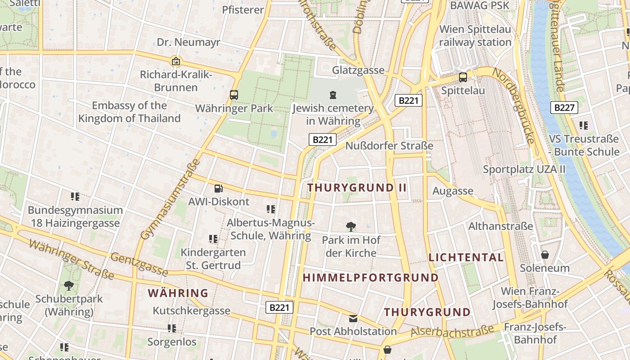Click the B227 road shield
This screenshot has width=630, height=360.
click(564, 108)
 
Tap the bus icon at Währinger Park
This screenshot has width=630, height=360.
click(234, 95)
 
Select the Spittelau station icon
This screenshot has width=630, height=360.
click(463, 77)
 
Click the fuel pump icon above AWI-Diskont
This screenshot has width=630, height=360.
click(218, 189)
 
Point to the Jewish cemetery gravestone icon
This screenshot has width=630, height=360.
click(333, 95)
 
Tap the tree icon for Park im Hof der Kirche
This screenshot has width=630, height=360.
click(351, 226)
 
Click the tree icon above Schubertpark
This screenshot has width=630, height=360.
click(69, 285)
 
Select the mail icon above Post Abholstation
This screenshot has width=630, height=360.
click(353, 319)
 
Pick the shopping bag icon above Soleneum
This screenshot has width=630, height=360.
click(545, 255)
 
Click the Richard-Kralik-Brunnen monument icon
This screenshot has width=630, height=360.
click(176, 61)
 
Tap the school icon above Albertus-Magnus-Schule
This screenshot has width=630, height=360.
click(270, 209)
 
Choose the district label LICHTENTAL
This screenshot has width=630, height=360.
click(466, 257)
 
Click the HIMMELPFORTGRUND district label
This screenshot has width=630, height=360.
click(370, 278)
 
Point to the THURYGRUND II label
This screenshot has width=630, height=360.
click(357, 188)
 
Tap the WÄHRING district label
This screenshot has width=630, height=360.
click(178, 293)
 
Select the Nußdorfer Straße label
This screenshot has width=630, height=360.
click(389, 146)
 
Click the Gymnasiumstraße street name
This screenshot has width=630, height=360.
click(170, 199)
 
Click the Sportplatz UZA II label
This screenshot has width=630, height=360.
click(524, 170)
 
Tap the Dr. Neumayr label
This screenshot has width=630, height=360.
click(189, 42)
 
